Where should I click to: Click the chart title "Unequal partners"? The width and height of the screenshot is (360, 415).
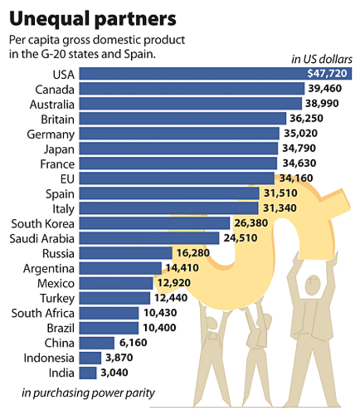point(93,19)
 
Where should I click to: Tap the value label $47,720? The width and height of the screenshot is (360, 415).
point(329,74)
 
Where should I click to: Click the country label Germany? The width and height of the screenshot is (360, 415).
point(51,134)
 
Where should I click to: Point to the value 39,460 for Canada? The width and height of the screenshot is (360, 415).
point(325,89)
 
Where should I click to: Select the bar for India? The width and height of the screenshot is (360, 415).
point(88,372)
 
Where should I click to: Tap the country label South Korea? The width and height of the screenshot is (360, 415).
point(43,224)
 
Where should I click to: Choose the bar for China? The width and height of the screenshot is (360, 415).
point(98,343)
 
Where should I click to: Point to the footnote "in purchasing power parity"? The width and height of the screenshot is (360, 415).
point(88,393)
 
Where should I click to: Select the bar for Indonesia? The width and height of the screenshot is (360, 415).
point(91,357)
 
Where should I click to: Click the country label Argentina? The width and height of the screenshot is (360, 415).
point(49,269)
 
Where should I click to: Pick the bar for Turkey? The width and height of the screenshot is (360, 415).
point(115,298)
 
